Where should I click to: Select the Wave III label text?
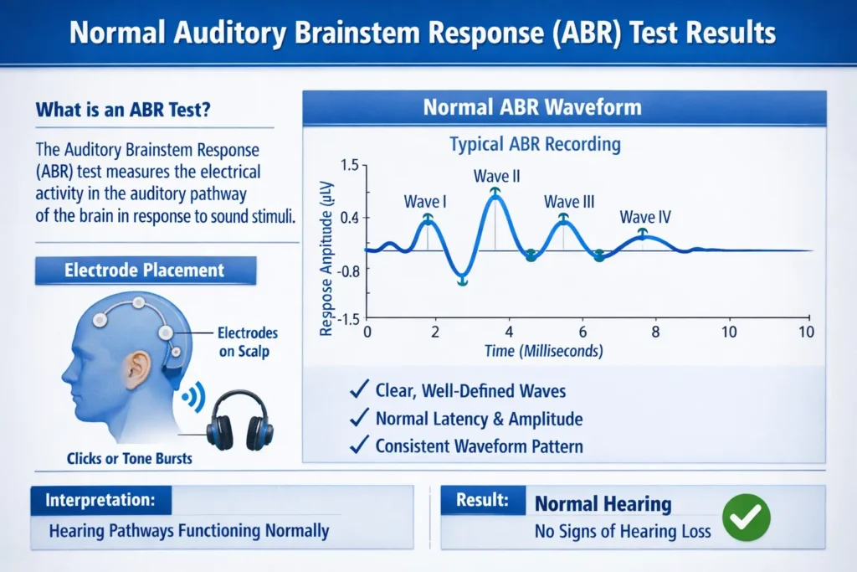569,202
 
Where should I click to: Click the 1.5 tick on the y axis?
349,166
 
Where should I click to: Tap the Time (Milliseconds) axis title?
544,351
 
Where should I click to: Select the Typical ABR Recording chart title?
535,144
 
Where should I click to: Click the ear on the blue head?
140,366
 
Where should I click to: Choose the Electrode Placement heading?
144,271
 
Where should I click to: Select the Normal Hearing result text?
603,504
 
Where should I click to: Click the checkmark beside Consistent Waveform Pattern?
359,446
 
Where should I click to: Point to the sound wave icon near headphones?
194,396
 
